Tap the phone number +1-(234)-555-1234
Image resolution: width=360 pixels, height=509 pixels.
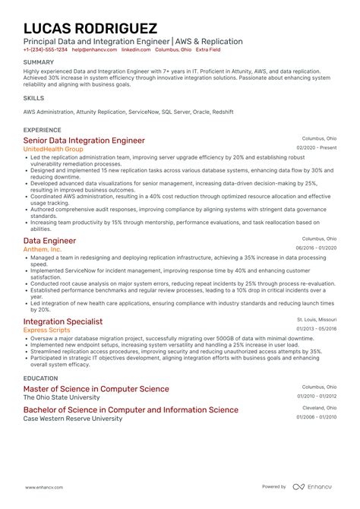45,49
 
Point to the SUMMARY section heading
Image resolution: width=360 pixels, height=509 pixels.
39,62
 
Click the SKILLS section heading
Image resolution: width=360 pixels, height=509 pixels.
33,98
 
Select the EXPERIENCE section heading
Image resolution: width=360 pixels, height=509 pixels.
43,130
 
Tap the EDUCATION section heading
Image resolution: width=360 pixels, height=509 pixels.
41,377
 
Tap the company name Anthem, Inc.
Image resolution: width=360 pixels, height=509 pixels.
43,249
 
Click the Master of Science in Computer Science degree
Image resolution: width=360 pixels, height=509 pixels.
96,388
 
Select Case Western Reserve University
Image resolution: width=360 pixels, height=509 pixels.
72,419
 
